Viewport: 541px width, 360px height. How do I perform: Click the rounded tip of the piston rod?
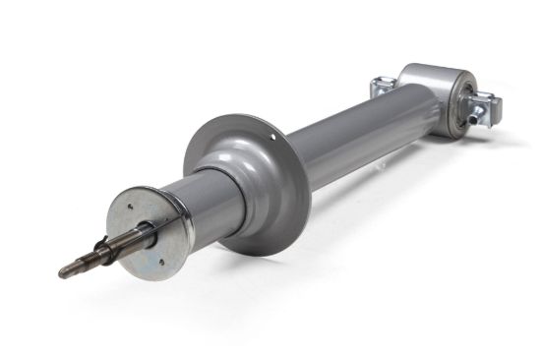click(x=62, y=272)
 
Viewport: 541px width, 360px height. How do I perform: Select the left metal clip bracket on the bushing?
click(x=382, y=88)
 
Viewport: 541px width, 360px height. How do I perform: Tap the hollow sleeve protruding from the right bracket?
click(x=482, y=114)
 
